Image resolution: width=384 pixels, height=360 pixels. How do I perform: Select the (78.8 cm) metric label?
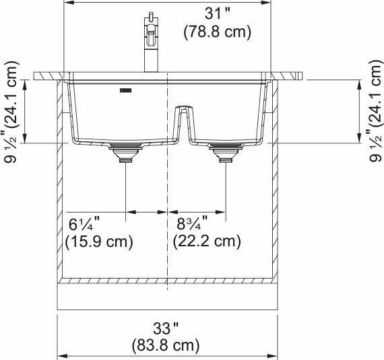point(217,32)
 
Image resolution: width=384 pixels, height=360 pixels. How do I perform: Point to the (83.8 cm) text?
point(166,346)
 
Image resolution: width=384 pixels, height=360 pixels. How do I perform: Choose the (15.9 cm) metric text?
point(99,241)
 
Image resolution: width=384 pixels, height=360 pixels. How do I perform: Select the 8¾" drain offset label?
point(191,223)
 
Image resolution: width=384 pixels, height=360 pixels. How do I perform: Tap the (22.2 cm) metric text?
point(207,241)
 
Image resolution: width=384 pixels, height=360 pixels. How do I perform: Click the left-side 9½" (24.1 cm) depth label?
point(11,111)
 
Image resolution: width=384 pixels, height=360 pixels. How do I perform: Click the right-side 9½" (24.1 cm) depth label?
point(373,111)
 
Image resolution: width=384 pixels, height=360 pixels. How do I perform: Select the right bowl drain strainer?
point(224,152)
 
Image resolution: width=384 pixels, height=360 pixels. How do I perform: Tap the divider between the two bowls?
point(181,121)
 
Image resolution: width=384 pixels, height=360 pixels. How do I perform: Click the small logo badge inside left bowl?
point(125,87)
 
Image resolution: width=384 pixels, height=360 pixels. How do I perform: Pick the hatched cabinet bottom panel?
point(167,280)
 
